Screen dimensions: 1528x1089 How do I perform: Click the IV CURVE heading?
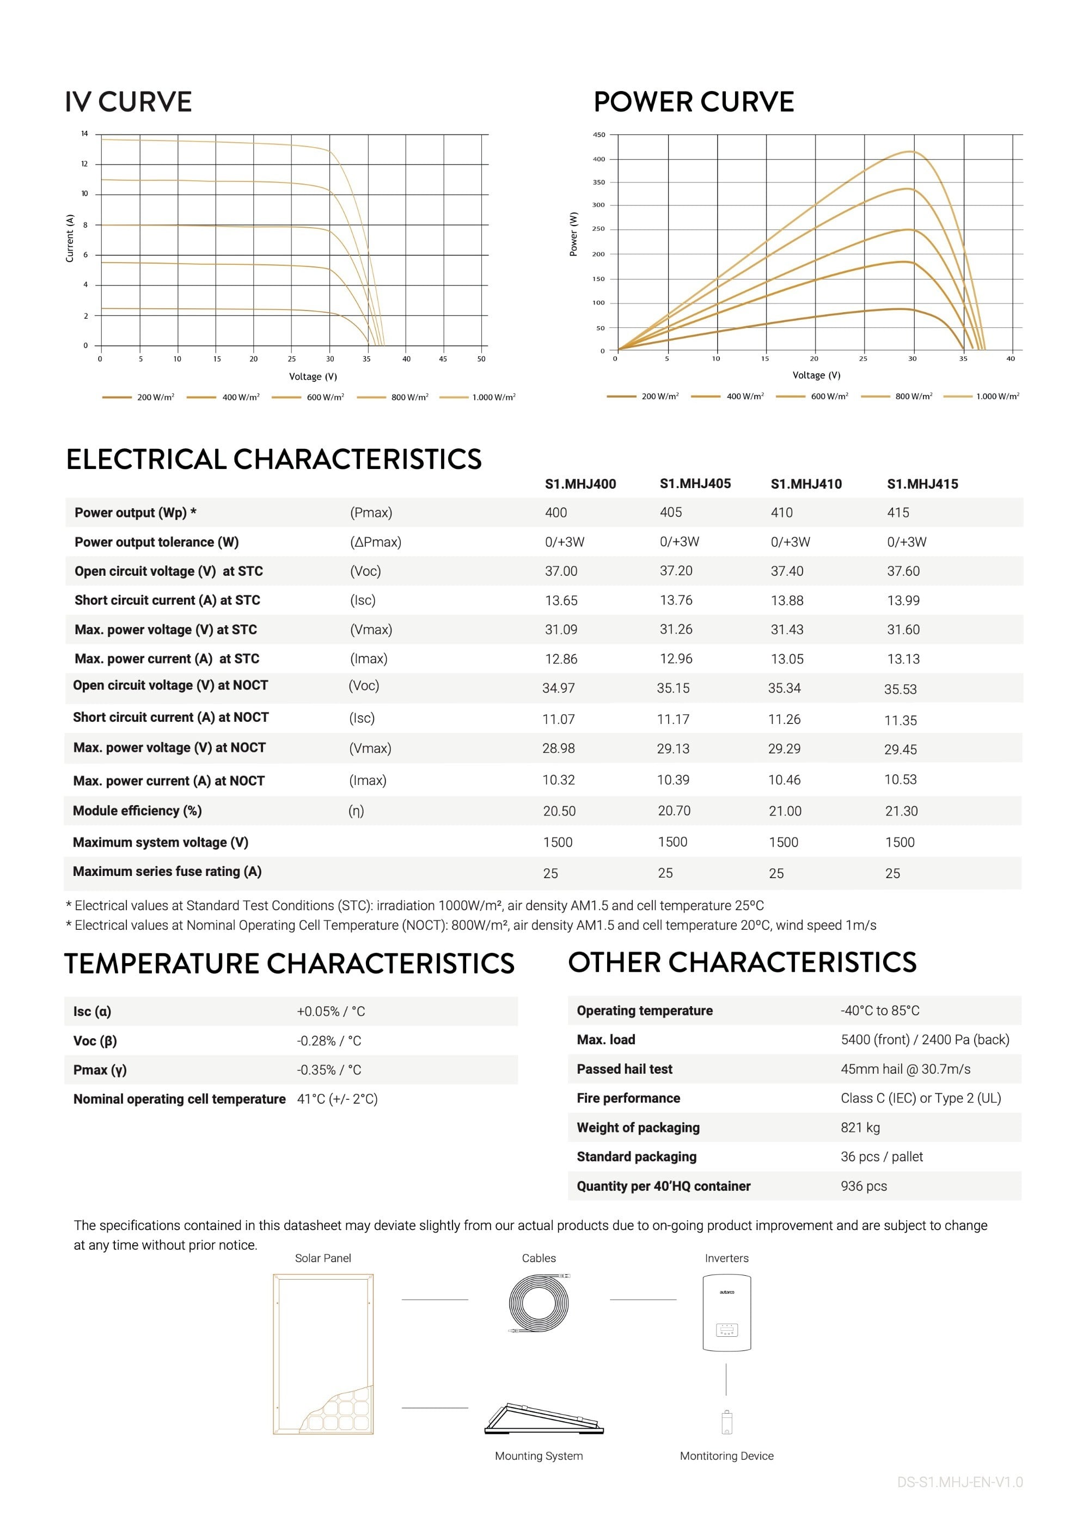[x=128, y=102]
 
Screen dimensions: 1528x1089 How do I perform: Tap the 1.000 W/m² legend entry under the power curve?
[x=996, y=397]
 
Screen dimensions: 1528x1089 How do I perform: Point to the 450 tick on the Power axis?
[x=598, y=135]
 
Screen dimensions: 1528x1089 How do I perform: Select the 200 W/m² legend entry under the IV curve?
[x=155, y=397]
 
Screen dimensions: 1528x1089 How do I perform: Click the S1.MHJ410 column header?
[x=805, y=484]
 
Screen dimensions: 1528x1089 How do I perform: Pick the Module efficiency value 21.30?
[x=901, y=811]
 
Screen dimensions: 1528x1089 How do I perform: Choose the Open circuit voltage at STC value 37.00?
[x=561, y=571]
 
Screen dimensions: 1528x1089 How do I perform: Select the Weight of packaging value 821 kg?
[x=860, y=1128]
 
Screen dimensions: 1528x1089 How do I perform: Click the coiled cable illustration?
[x=539, y=1302]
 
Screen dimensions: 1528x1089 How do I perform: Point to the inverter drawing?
[x=726, y=1312]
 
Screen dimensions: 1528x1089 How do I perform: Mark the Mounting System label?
[x=539, y=1456]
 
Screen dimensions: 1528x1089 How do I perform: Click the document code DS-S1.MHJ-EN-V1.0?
[x=959, y=1482]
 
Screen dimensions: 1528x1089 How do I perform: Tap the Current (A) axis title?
[x=70, y=238]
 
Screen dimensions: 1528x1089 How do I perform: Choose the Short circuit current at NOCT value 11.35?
[x=900, y=720]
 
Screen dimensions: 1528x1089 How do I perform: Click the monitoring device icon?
[x=726, y=1423]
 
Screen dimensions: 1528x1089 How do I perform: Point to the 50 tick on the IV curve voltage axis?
[x=481, y=359]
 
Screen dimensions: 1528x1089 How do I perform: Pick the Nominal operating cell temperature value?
[x=337, y=1099]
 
